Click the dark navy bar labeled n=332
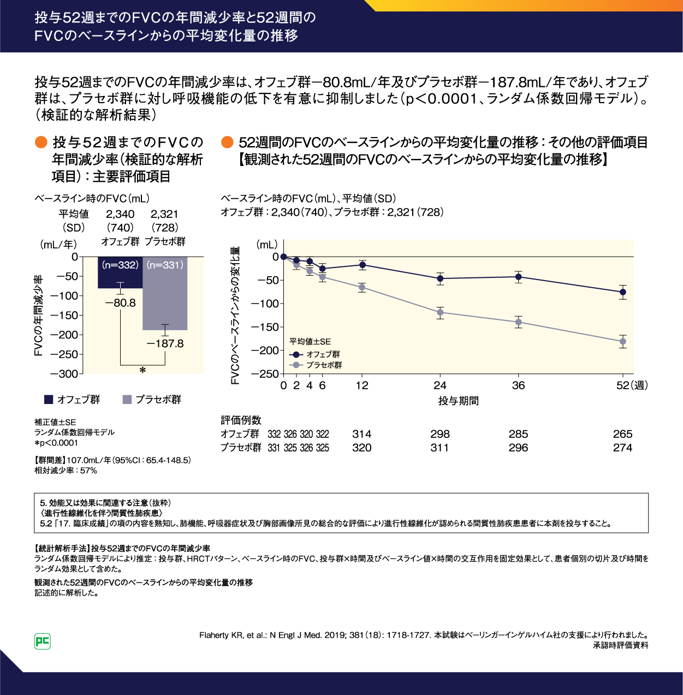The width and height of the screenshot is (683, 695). (x=120, y=272)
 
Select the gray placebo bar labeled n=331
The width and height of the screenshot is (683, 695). (x=165, y=295)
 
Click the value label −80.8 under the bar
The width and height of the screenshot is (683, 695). (x=121, y=303)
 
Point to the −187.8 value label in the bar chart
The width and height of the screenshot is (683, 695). (x=165, y=343)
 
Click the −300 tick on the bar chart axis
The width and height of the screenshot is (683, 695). (x=64, y=374)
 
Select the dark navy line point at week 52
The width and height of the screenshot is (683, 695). (x=622, y=292)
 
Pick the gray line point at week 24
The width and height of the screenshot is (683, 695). (x=440, y=313)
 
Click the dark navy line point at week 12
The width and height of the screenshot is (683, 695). (x=362, y=265)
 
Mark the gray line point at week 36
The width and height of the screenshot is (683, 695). (x=519, y=322)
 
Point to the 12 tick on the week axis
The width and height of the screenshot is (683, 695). (x=362, y=385)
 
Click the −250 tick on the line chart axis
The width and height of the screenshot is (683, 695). (x=265, y=374)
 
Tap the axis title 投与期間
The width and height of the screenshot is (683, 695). (x=459, y=401)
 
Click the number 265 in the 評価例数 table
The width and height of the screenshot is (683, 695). (x=622, y=434)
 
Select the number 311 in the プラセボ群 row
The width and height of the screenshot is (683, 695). (x=440, y=448)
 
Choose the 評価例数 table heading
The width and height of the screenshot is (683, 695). (x=241, y=420)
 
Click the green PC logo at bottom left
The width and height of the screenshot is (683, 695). (x=43, y=641)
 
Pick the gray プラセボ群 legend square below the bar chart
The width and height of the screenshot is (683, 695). (x=127, y=400)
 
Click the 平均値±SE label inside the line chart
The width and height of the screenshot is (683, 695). (x=310, y=342)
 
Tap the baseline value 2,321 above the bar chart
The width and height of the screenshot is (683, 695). (x=164, y=214)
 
